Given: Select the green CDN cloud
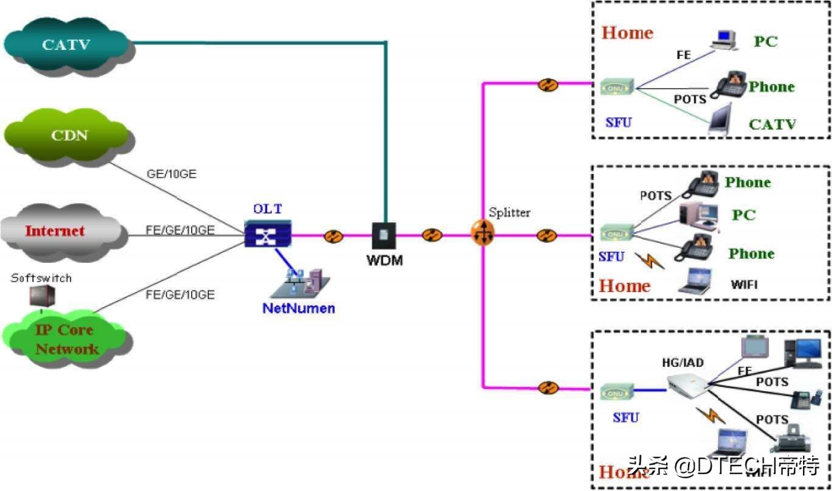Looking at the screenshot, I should [68, 135].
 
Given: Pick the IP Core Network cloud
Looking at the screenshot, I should [66, 339].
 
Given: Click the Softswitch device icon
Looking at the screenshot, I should [43, 296].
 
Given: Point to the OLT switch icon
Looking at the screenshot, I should [268, 234].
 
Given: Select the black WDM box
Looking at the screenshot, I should [384, 235].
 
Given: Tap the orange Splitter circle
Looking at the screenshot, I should [483, 234].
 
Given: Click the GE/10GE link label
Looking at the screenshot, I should [171, 174].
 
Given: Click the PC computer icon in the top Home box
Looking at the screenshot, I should [724, 40].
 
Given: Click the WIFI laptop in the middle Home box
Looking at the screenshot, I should [695, 282].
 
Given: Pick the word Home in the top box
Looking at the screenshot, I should [627, 33].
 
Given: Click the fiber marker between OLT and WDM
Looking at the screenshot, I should [333, 236].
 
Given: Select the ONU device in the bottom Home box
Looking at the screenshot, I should [617, 392].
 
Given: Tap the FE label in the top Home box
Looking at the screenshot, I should [684, 55].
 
